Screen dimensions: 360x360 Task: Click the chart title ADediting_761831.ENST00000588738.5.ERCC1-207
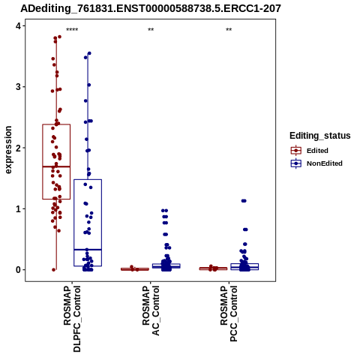[151, 8]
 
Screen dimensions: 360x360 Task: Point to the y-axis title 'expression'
[8, 150]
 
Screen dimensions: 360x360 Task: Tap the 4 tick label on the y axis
[19, 25]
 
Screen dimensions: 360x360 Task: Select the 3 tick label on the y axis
[19, 87]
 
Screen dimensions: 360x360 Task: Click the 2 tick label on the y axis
[19, 148]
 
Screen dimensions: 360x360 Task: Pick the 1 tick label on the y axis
[19, 208]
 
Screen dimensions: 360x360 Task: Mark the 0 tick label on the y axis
[19, 270]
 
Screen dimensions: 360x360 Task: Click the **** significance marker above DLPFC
[72, 30]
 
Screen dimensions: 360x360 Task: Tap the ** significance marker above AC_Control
[151, 30]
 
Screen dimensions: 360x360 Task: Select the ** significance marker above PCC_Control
[229, 30]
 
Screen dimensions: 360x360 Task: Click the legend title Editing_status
[320, 136]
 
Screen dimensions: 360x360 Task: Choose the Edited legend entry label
[317, 151]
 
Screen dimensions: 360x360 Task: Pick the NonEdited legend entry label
[325, 163]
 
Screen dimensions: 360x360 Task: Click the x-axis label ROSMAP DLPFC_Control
[72, 319]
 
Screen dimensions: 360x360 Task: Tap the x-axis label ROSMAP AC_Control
[151, 310]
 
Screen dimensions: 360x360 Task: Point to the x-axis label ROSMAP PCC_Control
[229, 313]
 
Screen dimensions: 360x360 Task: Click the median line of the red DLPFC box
[56, 166]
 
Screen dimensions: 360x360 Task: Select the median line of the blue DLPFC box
[88, 250]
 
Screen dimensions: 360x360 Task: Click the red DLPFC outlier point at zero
[54, 270]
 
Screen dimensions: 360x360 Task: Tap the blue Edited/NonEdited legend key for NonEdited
[296, 163]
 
